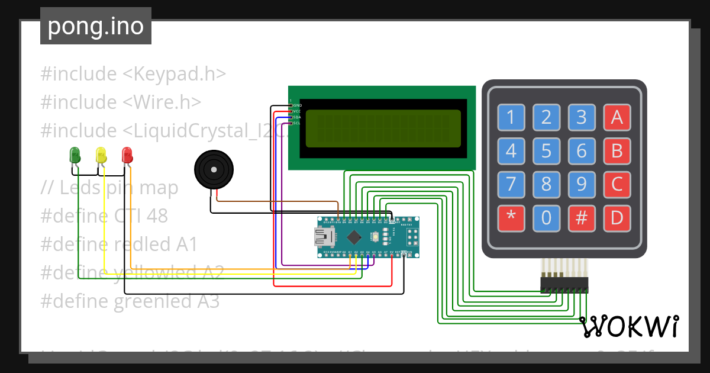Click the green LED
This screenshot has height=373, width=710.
click(75, 155)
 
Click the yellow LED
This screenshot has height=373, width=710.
click(101, 155)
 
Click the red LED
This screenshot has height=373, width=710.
click(127, 155)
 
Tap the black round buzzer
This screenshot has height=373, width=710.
click(215, 169)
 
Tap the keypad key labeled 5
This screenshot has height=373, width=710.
click(546, 151)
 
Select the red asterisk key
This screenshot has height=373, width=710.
click(511, 218)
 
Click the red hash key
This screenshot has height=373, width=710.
click(582, 218)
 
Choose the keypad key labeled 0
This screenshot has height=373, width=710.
click(546, 218)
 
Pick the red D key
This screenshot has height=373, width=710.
click(617, 218)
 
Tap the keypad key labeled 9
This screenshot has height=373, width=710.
click(582, 185)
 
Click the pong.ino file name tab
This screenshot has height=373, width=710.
click(96, 26)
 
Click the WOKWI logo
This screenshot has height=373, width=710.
click(630, 327)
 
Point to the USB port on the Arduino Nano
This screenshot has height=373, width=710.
click(324, 237)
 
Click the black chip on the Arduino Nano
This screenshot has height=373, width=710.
click(354, 237)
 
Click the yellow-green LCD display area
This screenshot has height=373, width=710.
click(383, 129)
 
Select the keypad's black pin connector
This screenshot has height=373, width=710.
click(564, 285)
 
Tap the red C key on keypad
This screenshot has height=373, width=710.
click(617, 185)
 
